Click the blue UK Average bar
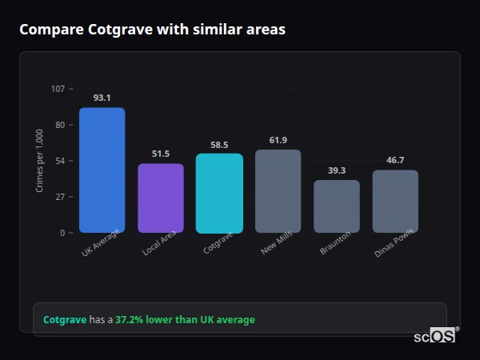point(102,170)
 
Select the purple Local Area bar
point(161,198)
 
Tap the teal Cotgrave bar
point(219,194)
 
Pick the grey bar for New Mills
point(278,191)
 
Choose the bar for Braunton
point(337,206)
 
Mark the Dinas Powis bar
point(395,202)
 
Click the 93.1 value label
point(102,98)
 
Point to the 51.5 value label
point(161,154)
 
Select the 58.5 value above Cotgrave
point(219,145)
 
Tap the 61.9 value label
point(278,140)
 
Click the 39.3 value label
point(337,170)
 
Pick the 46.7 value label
point(395,160)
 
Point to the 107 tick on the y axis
point(58,88)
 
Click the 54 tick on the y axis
point(60,161)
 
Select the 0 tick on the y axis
point(62,233)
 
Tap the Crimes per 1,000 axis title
point(40,161)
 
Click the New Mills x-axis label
point(276,244)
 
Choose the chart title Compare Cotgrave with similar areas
point(152,30)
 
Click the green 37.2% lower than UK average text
point(185,320)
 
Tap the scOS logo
point(434,336)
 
